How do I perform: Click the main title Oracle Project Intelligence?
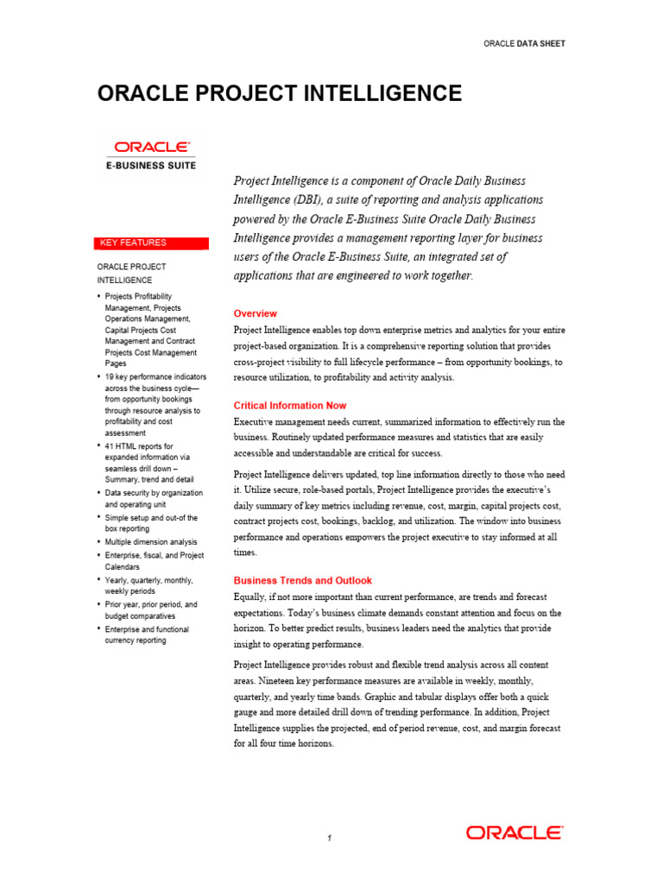(x=280, y=93)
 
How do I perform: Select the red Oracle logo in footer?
(x=515, y=833)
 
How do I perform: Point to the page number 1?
(x=330, y=838)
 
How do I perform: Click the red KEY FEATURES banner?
(x=152, y=243)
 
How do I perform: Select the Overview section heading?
(x=256, y=313)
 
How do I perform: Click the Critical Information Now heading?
(x=290, y=405)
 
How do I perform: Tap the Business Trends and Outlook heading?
(x=303, y=580)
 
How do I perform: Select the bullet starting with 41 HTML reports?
(x=148, y=462)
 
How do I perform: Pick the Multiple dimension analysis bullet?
(x=151, y=541)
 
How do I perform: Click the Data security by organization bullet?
(x=154, y=498)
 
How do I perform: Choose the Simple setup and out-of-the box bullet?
(x=151, y=522)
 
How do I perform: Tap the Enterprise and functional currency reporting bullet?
(x=147, y=635)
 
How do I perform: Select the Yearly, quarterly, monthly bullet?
(x=148, y=585)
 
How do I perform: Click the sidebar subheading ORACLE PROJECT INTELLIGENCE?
(x=131, y=273)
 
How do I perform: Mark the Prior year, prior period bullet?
(x=151, y=610)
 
